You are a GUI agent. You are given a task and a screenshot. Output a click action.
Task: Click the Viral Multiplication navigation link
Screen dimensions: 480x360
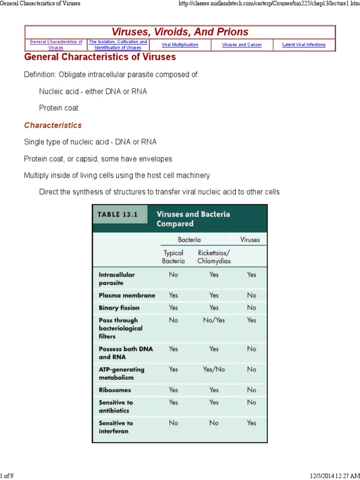180,45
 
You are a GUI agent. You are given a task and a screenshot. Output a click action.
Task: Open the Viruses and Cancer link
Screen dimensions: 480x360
242,45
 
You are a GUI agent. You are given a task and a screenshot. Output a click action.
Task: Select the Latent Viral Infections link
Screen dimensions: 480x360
304,45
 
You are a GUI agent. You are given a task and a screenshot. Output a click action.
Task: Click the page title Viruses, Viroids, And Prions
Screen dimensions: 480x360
180,32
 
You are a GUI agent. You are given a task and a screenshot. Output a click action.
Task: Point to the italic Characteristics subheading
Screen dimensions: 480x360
53,125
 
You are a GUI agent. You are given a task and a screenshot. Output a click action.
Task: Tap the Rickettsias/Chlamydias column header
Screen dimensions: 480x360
214,257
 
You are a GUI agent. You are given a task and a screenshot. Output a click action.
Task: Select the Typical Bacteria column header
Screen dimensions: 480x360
173,257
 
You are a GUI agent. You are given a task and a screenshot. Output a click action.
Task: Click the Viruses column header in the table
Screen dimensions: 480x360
250,240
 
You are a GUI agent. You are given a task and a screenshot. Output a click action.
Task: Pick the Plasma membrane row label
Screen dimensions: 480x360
127,295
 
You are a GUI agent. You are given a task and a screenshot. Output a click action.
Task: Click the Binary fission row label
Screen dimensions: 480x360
119,308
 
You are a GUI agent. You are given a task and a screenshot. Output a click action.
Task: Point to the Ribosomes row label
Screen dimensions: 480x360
115,390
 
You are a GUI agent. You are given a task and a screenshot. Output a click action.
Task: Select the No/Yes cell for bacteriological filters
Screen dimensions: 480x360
214,320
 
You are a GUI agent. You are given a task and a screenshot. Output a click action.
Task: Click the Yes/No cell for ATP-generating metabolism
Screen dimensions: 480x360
214,369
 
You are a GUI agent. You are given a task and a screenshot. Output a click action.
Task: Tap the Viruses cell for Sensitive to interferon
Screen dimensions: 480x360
252,423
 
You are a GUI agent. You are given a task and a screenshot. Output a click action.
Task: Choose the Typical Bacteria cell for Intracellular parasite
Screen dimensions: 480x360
173,275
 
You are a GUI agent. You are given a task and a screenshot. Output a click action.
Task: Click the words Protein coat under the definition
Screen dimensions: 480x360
59,108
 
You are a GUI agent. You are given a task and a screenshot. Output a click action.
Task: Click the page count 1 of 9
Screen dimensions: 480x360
7,476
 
